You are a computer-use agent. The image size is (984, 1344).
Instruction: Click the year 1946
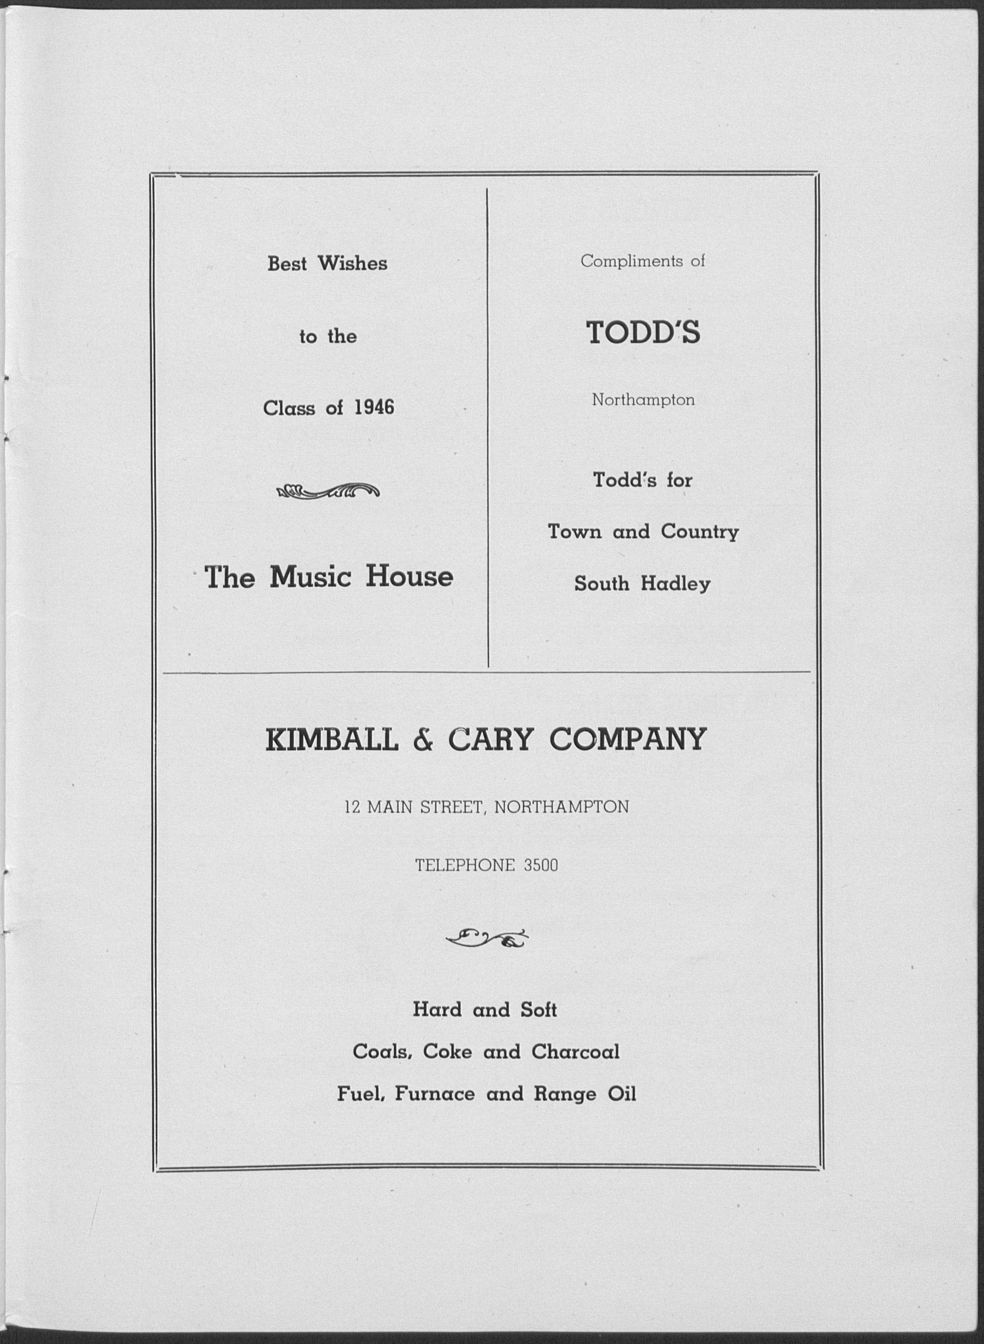coord(374,408)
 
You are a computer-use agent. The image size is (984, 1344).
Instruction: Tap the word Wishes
coord(353,263)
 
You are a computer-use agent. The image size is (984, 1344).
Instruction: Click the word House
coord(409,576)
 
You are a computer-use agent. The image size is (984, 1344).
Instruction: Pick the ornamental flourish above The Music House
coord(328,491)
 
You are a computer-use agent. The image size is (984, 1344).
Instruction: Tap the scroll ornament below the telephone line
coord(487,939)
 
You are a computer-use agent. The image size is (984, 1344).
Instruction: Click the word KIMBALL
coord(332,740)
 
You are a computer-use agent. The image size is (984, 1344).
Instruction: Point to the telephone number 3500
coord(541,865)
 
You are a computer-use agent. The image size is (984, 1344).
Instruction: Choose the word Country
coord(699,531)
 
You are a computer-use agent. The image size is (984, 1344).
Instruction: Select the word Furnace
coord(434,1094)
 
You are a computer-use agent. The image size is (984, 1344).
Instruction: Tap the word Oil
coord(622,1094)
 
